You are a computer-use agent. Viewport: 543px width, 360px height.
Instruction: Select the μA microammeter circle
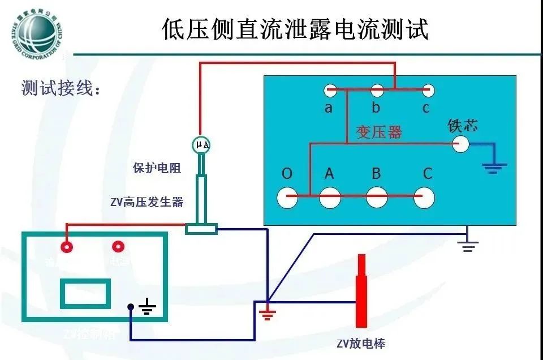tap(202, 145)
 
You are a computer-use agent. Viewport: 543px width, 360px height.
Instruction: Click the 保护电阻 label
tap(157, 168)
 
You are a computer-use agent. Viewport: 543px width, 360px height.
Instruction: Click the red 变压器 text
tap(378, 132)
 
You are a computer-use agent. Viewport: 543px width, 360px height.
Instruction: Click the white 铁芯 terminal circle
tap(460, 144)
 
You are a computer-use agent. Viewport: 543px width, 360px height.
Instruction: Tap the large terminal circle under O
tap(287, 197)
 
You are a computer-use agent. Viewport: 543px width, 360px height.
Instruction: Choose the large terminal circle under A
tap(330, 197)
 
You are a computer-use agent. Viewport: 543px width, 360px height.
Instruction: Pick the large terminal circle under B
tap(377, 197)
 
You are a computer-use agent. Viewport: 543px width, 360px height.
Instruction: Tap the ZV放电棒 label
tap(361, 344)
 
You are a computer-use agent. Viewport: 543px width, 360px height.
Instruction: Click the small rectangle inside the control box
tap(85, 293)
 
